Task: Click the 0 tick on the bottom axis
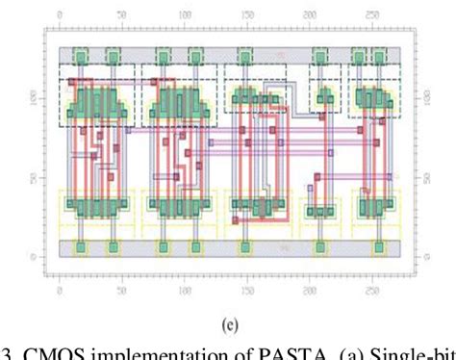[x=60, y=289]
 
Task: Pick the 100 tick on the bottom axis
[x=184, y=289]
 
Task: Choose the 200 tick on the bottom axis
[x=309, y=289]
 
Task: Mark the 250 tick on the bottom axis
[x=370, y=289]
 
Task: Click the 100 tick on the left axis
[x=33, y=99]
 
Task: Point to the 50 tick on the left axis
[x=35, y=178]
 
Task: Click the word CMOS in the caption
[x=47, y=350]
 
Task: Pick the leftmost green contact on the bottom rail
[x=82, y=248]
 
